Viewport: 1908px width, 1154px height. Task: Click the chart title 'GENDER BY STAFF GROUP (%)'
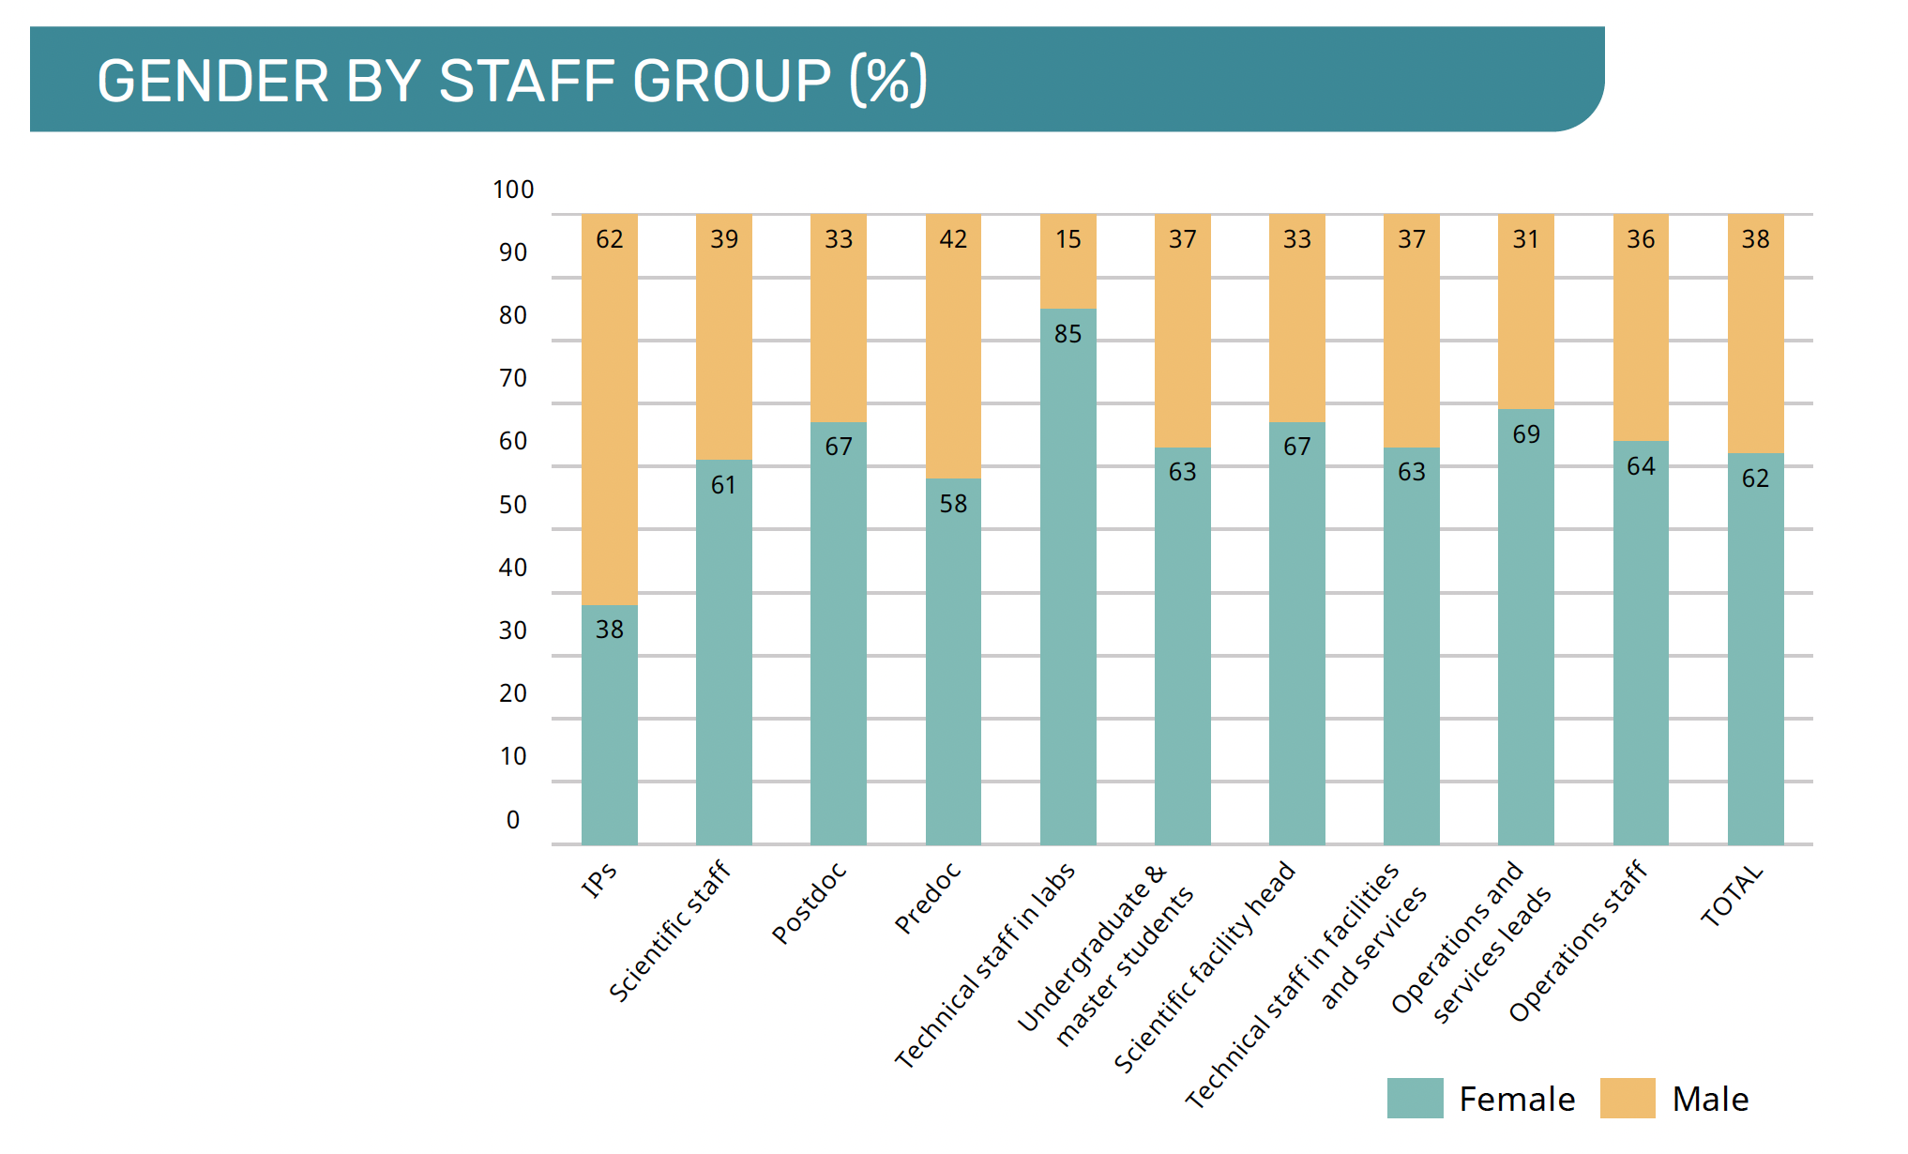point(511,81)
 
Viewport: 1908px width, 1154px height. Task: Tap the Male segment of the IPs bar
point(609,413)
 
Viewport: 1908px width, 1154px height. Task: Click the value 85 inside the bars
point(1068,334)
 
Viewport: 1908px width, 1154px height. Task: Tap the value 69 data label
point(1526,434)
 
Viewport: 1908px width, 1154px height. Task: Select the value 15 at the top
point(1068,239)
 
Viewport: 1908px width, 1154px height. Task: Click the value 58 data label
point(953,504)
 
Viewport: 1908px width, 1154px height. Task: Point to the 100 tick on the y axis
point(513,190)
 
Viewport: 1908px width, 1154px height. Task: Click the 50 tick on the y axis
point(513,505)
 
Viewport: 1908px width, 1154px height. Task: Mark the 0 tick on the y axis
point(513,820)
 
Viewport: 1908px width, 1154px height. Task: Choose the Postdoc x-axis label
point(809,903)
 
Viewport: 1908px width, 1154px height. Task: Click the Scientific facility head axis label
point(1204,966)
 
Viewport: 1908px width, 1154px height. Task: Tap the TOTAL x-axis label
point(1732,897)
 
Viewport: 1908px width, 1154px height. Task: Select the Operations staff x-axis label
point(1577,940)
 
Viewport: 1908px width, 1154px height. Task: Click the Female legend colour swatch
point(1415,1099)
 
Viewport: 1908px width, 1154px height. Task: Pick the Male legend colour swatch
point(1628,1099)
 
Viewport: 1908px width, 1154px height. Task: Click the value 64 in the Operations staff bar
point(1641,466)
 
